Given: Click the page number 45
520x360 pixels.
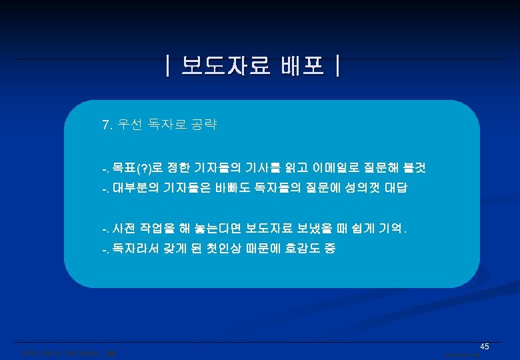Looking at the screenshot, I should (x=485, y=347).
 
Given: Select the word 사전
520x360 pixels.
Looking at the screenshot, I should (x=123, y=229).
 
